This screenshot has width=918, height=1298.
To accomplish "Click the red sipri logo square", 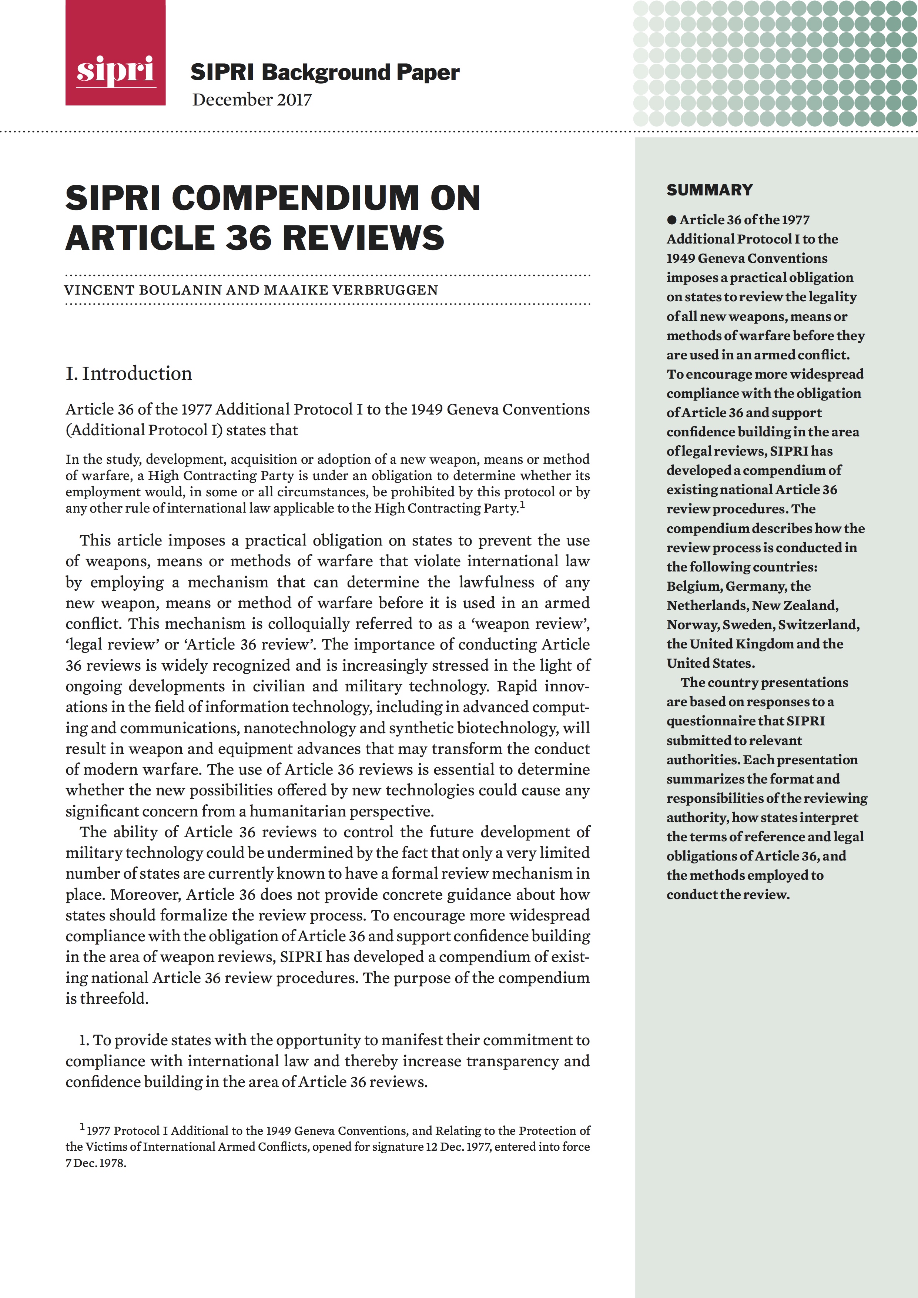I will (115, 53).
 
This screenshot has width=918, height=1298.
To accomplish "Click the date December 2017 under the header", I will (252, 100).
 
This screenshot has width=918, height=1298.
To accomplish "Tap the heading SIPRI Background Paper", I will (325, 73).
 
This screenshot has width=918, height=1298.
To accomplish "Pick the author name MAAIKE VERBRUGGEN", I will (349, 290).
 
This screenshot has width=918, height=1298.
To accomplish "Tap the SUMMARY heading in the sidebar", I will (710, 190).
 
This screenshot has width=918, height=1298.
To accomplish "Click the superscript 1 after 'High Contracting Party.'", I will (522, 505).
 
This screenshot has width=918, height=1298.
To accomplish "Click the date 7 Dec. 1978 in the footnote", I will (96, 1163).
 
